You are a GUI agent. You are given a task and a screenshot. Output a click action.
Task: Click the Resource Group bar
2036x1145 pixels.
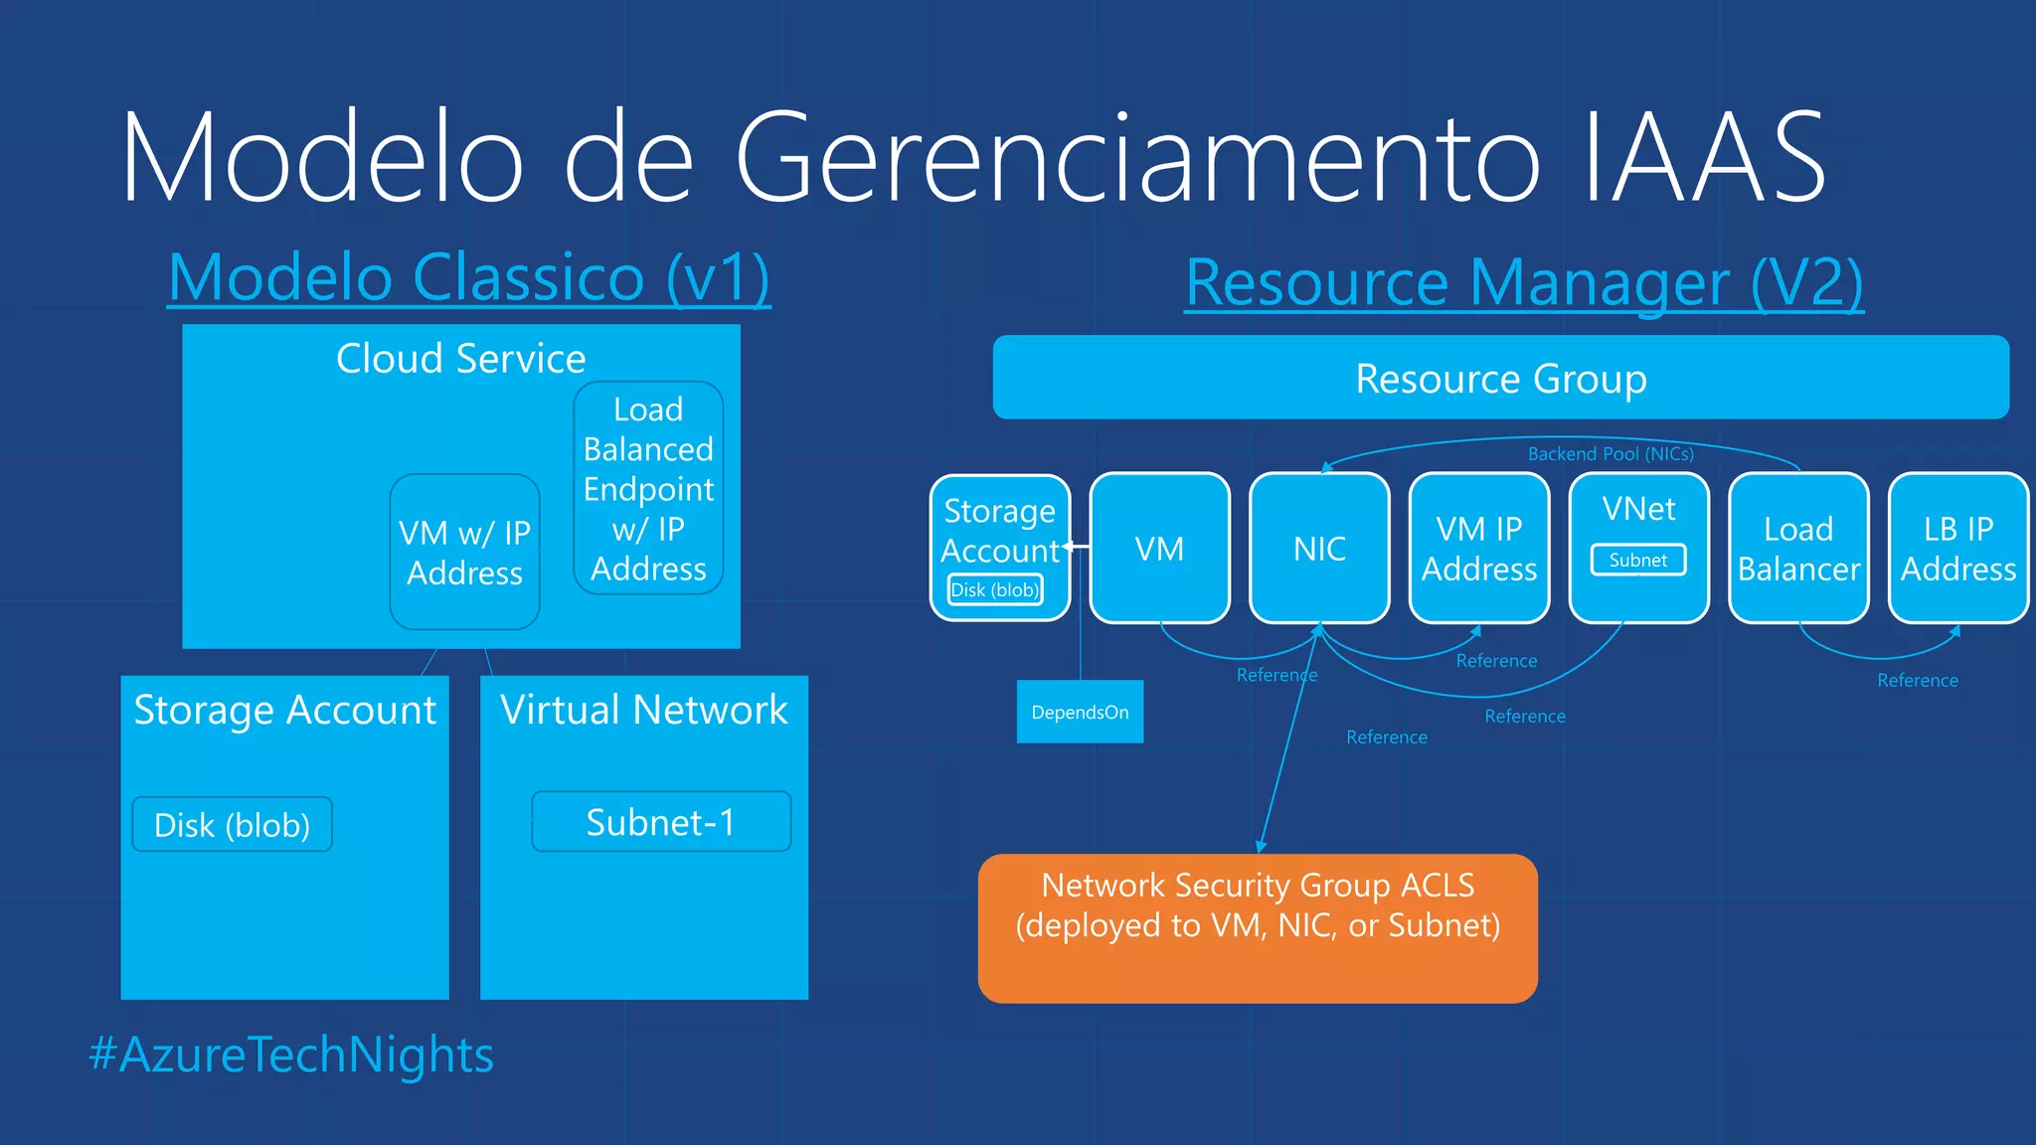[1500, 378]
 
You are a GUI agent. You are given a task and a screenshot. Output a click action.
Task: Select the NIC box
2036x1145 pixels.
[1319, 549]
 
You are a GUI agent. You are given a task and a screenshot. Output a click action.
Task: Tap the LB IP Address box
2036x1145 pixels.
[1957, 549]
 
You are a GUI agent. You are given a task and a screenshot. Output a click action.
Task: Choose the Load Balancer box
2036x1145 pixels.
[1798, 549]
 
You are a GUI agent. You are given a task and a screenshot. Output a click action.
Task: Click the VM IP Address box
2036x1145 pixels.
[1479, 549]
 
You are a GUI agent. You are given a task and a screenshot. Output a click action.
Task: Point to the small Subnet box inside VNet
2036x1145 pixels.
[1638, 561]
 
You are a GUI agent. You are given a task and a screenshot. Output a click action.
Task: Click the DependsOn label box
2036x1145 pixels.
[1080, 713]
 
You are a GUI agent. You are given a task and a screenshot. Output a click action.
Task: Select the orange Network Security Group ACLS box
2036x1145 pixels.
[1258, 927]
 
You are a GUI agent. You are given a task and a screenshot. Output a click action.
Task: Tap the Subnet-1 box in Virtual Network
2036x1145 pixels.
[661, 822]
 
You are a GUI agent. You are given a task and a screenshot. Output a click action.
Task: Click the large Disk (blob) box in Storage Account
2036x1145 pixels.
[232, 825]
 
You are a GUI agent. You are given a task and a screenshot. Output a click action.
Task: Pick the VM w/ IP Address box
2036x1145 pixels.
[464, 553]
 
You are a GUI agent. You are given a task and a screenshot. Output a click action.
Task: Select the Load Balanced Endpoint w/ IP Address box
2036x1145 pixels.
[648, 488]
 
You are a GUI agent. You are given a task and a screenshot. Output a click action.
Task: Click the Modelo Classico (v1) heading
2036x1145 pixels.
[469, 277]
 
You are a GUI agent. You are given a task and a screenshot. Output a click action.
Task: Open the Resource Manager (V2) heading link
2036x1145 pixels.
[1524, 283]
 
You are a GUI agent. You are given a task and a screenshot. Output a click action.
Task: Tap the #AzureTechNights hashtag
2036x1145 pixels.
[291, 1055]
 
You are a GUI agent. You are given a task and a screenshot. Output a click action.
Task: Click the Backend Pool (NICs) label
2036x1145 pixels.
[1611, 454]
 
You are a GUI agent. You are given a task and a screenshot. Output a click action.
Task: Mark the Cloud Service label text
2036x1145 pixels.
[460, 359]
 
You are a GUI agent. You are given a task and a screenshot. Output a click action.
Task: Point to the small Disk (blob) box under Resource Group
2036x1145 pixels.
[995, 590]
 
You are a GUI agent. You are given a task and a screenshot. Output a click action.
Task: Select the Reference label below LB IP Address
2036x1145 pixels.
[1918, 681]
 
